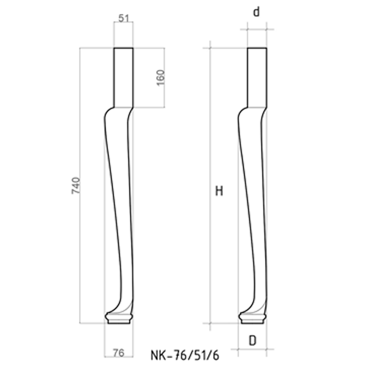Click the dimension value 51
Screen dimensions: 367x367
point(124,18)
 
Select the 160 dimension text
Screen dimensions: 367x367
point(160,77)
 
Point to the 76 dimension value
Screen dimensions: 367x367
point(118,352)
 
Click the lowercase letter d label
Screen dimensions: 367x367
point(257,12)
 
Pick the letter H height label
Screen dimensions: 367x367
point(219,191)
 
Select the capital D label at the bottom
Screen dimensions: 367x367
point(252,340)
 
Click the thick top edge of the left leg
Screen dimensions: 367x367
point(123,48)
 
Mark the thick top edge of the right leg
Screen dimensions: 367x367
point(257,48)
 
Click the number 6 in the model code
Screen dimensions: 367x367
point(216,355)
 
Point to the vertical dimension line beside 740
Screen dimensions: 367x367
point(80,238)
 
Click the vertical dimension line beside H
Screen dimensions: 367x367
point(210,255)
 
